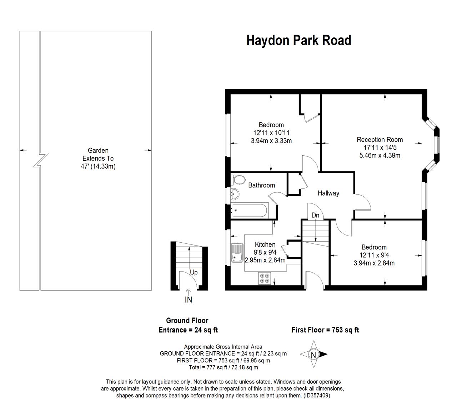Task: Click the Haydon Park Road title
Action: coord(298,40)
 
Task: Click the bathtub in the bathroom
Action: coord(249,211)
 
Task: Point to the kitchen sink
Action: coord(237,253)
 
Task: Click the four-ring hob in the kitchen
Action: coord(265,278)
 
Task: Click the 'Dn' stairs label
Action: coord(315,216)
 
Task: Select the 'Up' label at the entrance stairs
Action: coord(194,273)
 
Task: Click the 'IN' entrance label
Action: coord(188,300)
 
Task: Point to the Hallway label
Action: coord(328,193)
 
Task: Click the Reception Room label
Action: coord(380,140)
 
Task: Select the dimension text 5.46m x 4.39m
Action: coord(380,155)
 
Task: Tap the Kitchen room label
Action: coord(265,244)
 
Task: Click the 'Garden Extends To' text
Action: coord(98,155)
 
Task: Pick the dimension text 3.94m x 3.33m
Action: coord(271,141)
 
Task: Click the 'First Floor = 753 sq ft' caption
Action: coord(325,330)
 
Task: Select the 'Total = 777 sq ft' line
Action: coord(223,367)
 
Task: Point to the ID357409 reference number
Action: coord(316,395)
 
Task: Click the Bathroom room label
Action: coord(261,185)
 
